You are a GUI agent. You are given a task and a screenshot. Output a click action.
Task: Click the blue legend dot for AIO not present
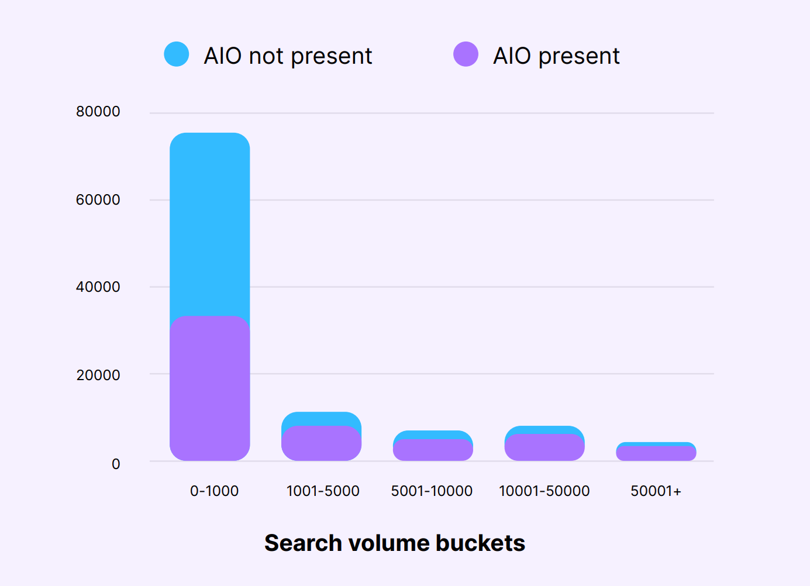click(177, 54)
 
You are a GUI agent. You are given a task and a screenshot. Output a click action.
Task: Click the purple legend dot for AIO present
click(466, 54)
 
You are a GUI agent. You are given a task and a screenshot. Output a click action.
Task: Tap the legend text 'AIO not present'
click(288, 56)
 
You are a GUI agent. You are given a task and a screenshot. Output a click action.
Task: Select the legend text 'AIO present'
click(556, 56)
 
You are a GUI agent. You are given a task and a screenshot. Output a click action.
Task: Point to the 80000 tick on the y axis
click(98, 112)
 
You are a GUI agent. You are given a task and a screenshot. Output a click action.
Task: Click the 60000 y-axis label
click(98, 200)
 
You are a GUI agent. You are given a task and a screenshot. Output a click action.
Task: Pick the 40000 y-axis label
click(98, 287)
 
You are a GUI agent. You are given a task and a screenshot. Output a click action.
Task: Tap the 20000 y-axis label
click(98, 375)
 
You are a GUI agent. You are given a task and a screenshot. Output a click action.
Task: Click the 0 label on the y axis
click(116, 464)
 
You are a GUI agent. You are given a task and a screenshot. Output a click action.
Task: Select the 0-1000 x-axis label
click(214, 491)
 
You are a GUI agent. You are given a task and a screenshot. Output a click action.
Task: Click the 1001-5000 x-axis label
click(323, 491)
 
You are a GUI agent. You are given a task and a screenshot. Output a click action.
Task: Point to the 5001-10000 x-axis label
click(432, 491)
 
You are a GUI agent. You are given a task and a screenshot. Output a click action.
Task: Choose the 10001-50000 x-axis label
click(544, 491)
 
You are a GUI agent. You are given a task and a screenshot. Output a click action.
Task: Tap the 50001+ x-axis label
click(656, 491)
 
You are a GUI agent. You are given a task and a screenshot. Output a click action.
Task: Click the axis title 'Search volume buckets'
click(395, 543)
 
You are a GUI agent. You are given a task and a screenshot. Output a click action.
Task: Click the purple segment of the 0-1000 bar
click(210, 389)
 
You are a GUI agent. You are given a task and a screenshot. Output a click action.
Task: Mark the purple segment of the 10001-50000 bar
click(544, 448)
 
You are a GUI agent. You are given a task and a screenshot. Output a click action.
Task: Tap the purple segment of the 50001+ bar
click(656, 454)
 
